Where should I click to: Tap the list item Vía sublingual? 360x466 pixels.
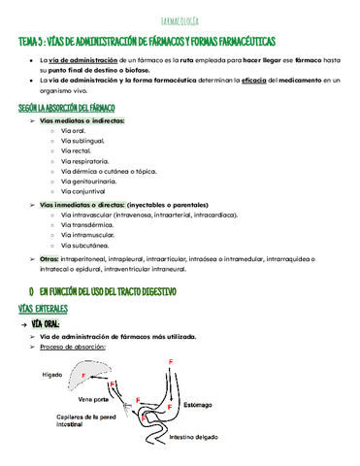(x=82, y=140)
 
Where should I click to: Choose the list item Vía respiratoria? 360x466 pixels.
(x=84, y=160)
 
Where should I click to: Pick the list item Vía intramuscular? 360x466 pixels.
(x=86, y=234)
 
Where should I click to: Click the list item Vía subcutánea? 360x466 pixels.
(x=84, y=245)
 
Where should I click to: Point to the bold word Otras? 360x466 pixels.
(x=49, y=259)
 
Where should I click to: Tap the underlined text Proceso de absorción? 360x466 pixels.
(x=73, y=347)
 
